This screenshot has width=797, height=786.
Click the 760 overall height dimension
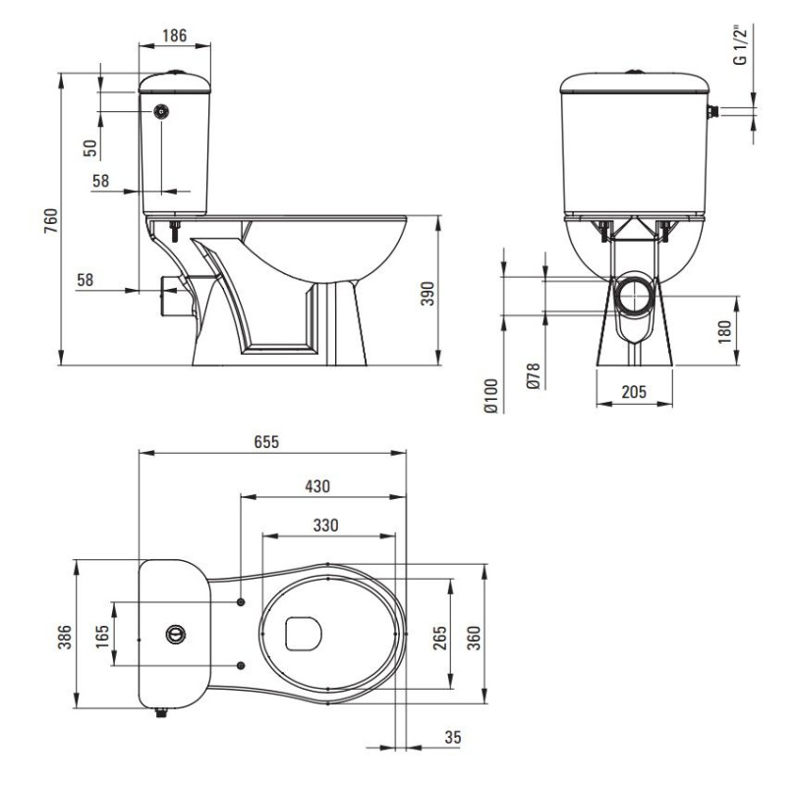51,220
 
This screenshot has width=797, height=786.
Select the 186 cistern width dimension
174,35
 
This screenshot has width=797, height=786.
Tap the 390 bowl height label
427,293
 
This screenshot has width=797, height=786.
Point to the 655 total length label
266,441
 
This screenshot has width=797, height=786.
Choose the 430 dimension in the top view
317,486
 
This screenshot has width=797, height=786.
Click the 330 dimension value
325,525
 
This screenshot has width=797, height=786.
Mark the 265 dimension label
440,638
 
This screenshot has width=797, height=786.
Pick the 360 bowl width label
474,638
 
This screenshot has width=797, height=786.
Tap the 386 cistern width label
65,637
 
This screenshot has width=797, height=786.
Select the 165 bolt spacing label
102,636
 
